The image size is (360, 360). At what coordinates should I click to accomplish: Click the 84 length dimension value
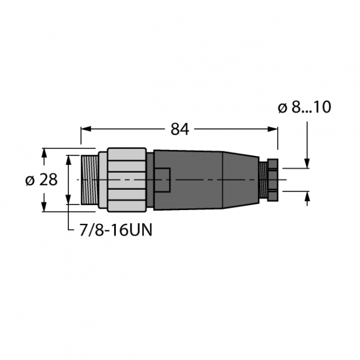pyautogui.click(x=180, y=129)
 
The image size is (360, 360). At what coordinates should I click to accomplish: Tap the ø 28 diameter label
pyautogui.click(x=41, y=179)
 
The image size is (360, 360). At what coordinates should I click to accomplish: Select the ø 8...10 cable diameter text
pyautogui.click(x=304, y=107)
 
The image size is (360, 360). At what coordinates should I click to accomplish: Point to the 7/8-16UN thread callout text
pyautogui.click(x=116, y=230)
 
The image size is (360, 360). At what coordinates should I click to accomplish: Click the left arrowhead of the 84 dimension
pyautogui.click(x=85, y=129)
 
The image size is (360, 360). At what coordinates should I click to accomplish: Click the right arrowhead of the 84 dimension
pyautogui.click(x=274, y=129)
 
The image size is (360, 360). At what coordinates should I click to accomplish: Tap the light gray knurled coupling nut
pyautogui.click(x=127, y=180)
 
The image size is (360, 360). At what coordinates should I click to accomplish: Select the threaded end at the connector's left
pyautogui.click(x=90, y=180)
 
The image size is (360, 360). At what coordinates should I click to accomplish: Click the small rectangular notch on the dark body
pyautogui.click(x=163, y=180)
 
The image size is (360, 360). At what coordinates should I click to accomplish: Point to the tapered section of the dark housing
pyautogui.click(x=241, y=180)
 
